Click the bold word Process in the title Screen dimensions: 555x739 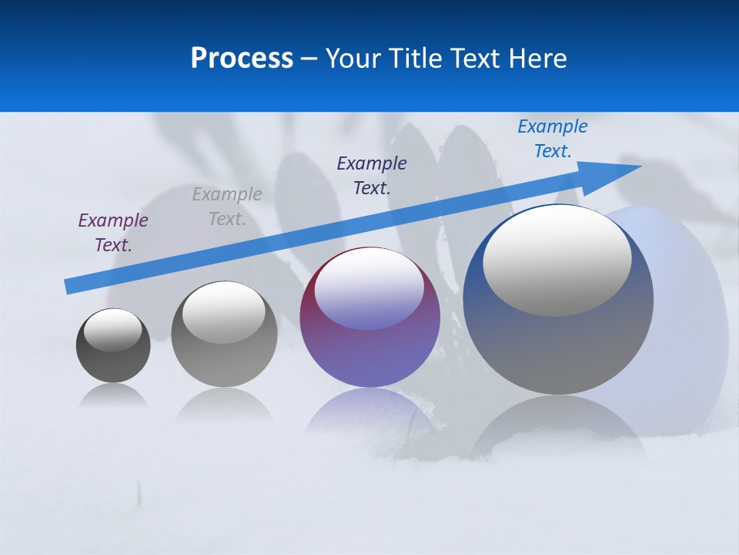[x=242, y=59]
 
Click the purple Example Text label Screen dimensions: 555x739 [x=113, y=233]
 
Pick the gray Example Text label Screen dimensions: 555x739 [x=227, y=207]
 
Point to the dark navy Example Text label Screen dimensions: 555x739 [x=372, y=175]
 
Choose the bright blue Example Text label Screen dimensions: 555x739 [x=553, y=138]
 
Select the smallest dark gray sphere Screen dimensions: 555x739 [x=113, y=362]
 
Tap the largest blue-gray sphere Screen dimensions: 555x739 [x=558, y=347]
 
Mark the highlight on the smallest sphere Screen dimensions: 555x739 [x=113, y=330]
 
